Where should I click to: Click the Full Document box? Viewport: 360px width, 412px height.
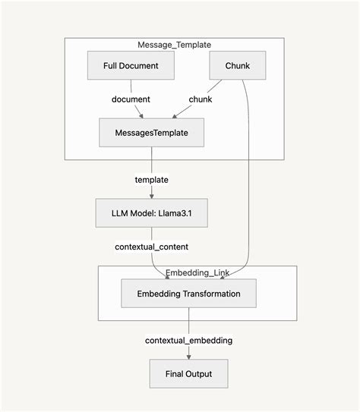(x=131, y=66)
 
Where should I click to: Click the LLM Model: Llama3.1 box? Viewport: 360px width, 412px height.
(x=151, y=213)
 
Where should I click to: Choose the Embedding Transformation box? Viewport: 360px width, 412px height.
(x=188, y=293)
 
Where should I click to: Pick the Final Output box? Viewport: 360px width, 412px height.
(x=188, y=373)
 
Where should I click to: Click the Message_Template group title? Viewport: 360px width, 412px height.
(x=174, y=46)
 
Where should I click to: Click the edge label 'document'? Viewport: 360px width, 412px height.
(x=131, y=99)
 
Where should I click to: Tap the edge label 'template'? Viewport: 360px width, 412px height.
(x=151, y=180)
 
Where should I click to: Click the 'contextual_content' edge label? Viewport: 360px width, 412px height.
(x=151, y=247)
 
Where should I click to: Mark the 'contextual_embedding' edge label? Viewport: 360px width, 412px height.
(x=188, y=340)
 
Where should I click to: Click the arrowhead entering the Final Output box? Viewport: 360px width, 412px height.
(x=188, y=357)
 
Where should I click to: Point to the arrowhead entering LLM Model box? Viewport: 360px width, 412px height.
(x=151, y=197)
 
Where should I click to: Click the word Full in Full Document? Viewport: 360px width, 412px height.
(x=112, y=66)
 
